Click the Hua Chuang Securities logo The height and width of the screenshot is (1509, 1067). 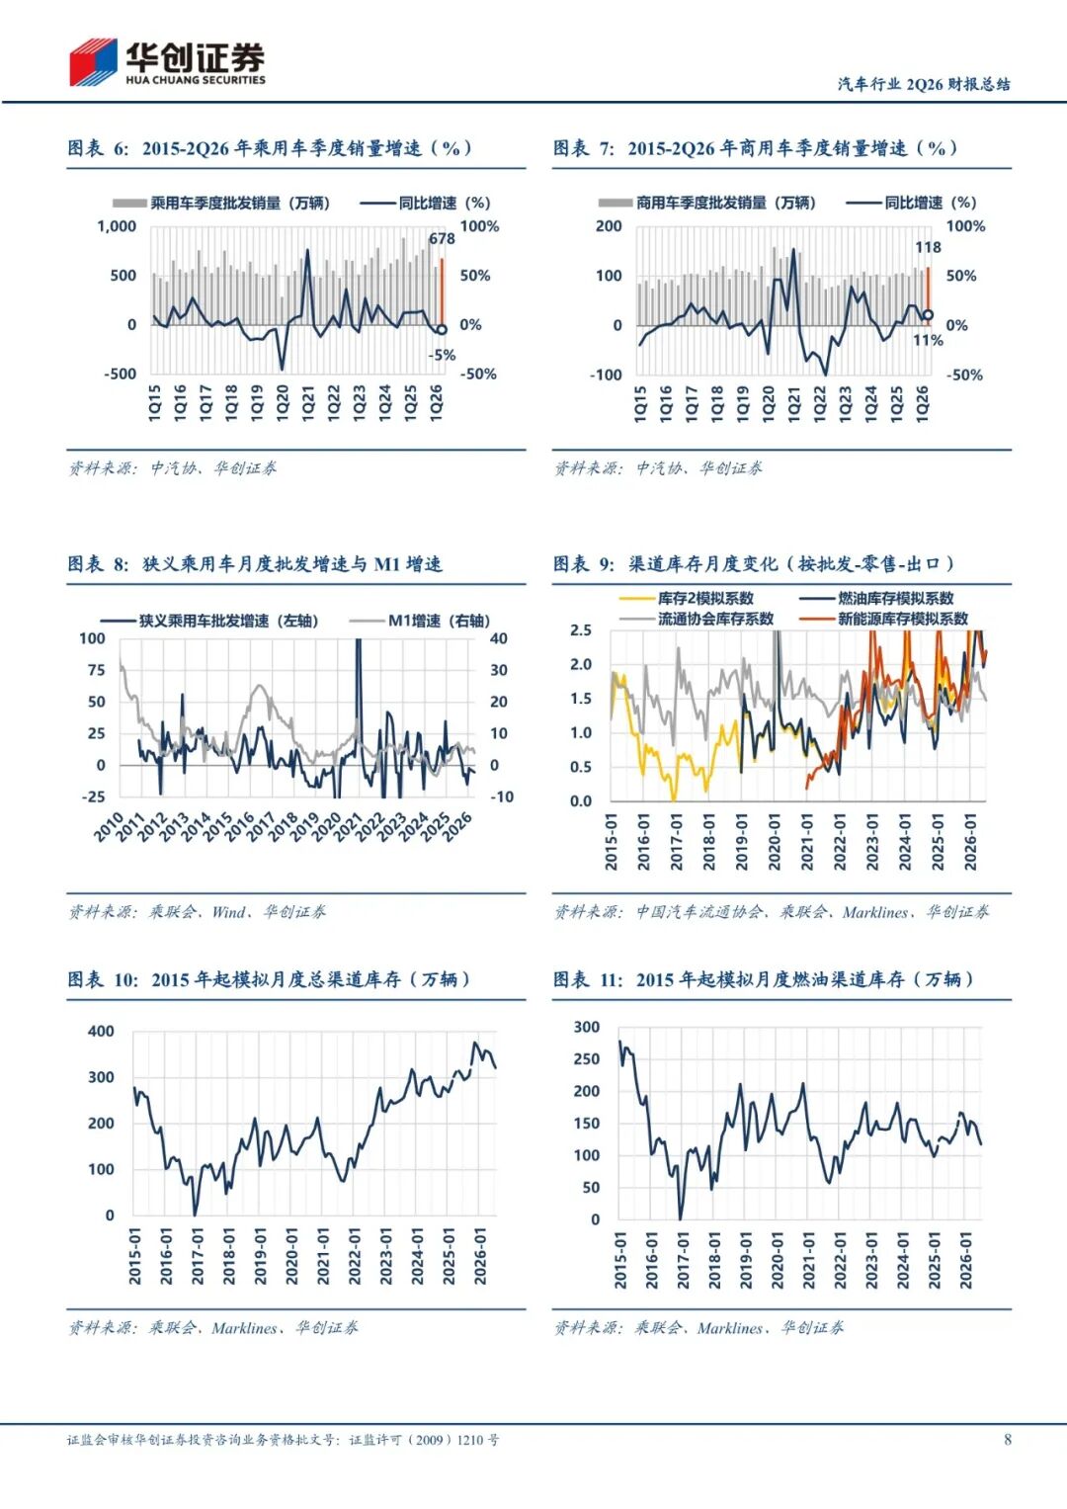(x=168, y=62)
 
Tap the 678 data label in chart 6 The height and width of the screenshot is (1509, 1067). (x=442, y=238)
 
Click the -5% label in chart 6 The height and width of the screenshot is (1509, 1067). (x=442, y=355)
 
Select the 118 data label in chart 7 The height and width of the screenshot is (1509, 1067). (x=928, y=247)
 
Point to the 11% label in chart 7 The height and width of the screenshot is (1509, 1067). (x=929, y=340)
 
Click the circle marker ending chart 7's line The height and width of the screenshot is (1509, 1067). (x=928, y=314)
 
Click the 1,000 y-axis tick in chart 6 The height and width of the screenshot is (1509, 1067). (x=117, y=225)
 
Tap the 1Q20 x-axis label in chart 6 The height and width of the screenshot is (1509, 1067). (x=283, y=403)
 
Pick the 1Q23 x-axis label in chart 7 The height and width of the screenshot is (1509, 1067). (x=845, y=404)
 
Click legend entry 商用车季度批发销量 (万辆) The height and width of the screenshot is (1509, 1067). (x=706, y=203)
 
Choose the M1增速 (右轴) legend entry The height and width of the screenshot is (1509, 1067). (x=420, y=621)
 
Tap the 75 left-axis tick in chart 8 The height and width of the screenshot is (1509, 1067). (x=97, y=670)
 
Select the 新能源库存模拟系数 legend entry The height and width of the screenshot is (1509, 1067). (x=884, y=619)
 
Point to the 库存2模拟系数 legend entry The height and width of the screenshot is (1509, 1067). (x=687, y=598)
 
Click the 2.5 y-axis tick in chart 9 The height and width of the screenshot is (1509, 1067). (x=581, y=629)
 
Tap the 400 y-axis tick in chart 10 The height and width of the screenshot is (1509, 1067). (x=101, y=1031)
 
